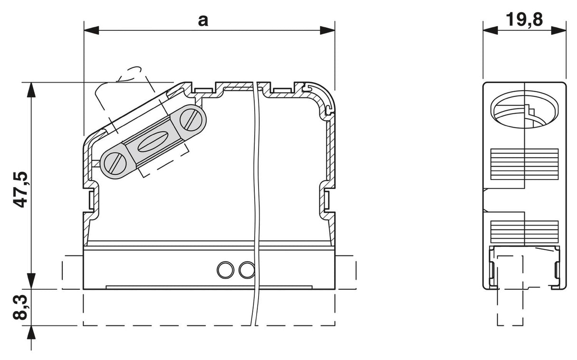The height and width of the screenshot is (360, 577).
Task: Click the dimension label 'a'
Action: [x=203, y=21]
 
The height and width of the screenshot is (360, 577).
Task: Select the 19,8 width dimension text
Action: [x=524, y=19]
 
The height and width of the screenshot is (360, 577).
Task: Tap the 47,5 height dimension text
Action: [x=20, y=189]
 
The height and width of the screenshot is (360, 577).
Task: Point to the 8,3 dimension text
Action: [x=20, y=307]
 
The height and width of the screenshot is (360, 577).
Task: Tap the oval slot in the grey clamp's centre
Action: [x=153, y=141]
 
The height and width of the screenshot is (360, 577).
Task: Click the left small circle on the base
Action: [x=225, y=270]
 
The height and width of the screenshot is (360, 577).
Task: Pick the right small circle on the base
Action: [x=247, y=270]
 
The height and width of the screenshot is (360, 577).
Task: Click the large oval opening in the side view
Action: [x=524, y=109]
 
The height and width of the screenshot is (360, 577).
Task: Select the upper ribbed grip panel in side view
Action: [x=524, y=164]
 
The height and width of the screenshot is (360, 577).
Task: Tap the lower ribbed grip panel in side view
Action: [x=524, y=232]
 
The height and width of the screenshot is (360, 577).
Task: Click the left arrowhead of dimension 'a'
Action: [x=91, y=30]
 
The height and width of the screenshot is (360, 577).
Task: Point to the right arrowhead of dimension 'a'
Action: [x=327, y=30]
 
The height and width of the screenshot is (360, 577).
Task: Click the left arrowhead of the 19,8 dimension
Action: [x=490, y=30]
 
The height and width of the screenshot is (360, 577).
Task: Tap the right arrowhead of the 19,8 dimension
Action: [x=559, y=30]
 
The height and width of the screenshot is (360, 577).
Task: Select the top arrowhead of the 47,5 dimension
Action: [x=31, y=90]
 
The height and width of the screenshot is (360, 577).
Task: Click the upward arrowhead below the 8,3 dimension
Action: [x=31, y=333]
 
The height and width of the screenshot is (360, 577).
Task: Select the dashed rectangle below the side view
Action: [x=510, y=291]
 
